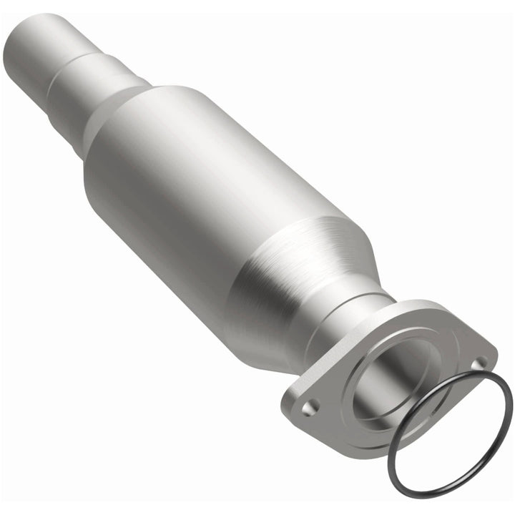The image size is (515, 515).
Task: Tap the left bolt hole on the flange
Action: (x=308, y=408)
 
